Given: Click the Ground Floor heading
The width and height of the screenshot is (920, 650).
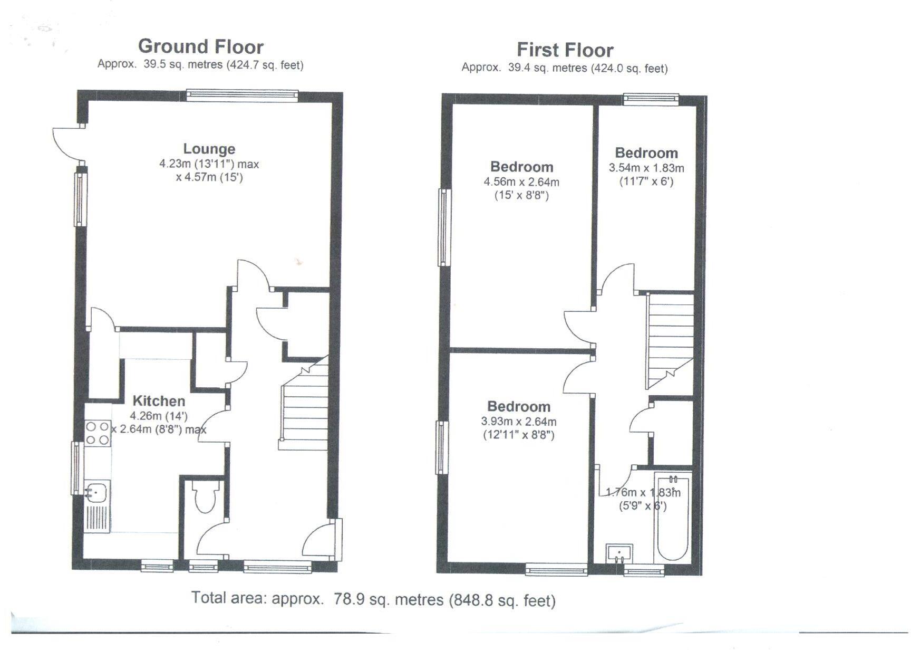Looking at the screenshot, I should [200, 46].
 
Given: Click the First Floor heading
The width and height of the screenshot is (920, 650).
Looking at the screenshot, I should [565, 50].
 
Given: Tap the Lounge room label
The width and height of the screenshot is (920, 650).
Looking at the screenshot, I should [209, 149].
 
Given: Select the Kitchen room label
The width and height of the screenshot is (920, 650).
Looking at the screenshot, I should [159, 400].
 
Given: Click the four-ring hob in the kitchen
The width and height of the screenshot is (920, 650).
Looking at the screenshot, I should [98, 433].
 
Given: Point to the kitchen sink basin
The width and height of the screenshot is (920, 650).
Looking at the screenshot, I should [96, 493].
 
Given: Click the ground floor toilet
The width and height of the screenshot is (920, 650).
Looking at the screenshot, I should [207, 498].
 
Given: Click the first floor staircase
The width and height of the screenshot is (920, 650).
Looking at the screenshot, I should [670, 338].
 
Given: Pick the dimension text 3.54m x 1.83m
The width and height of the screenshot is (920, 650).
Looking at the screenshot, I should [646, 168].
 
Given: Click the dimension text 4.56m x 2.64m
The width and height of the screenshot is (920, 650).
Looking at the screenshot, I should [521, 182].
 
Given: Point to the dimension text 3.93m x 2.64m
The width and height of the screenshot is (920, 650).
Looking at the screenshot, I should [519, 422].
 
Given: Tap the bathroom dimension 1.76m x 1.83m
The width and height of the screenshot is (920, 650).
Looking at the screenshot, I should [643, 493].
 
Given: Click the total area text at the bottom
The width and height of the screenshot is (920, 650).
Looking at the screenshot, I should [373, 600].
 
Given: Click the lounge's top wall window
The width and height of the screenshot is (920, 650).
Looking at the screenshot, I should [242, 95].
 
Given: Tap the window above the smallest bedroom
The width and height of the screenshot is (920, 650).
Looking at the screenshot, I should [651, 98].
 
